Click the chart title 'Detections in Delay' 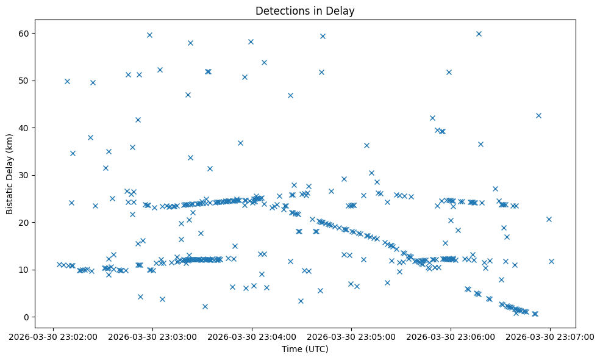tap(305, 11)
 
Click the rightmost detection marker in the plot tap(551, 261)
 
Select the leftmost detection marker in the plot tap(59, 264)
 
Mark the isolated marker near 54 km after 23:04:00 tap(264, 62)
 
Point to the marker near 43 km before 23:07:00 tap(538, 115)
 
